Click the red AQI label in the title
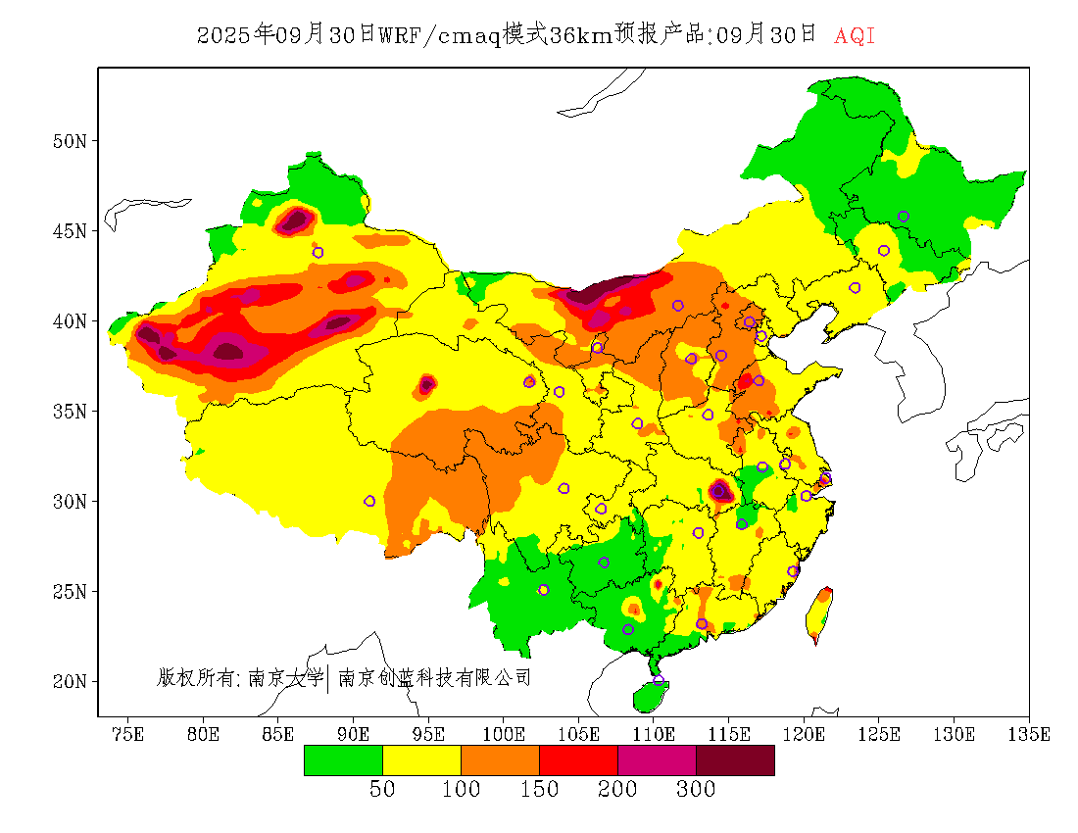point(855,36)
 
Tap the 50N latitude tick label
point(69,141)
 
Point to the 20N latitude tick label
point(69,681)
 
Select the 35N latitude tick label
point(69,412)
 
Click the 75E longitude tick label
point(127,734)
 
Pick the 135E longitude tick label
point(1030,734)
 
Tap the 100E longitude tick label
point(504,734)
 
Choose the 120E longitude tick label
point(805,734)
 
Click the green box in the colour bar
point(343,760)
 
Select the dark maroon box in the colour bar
point(735,760)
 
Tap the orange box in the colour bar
point(500,760)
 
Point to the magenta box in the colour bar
point(657,760)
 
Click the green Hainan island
point(650,696)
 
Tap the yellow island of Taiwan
point(818,613)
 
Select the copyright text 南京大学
point(284,677)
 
